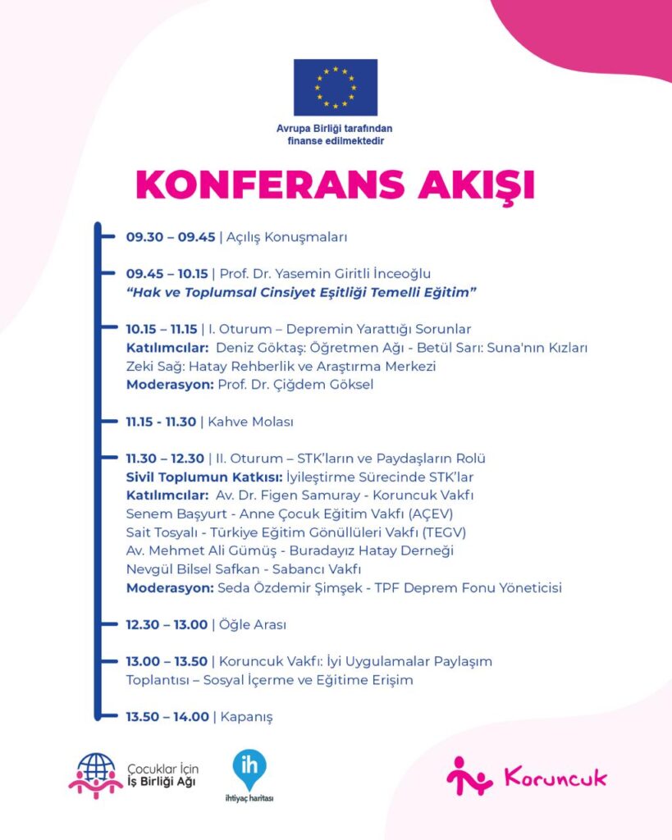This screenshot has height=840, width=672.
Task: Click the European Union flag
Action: point(336,87)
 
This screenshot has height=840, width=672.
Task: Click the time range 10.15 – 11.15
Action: point(162,329)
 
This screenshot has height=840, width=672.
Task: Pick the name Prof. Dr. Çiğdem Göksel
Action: point(295,384)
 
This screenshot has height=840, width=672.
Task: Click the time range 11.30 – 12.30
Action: point(165,458)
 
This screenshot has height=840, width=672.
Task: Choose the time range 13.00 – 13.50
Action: point(167,661)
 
